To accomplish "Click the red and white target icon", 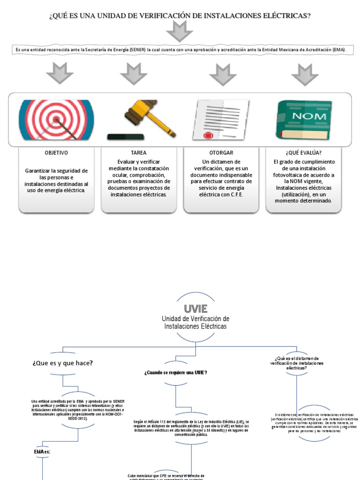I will [56, 120].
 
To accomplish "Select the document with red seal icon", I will [221, 120].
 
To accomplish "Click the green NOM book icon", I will [304, 120].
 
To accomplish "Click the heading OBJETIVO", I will [56, 153].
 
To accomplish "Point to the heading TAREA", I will [139, 153].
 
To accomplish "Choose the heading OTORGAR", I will [221, 153].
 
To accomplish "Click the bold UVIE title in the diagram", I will [195, 308].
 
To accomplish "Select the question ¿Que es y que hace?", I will [62, 363].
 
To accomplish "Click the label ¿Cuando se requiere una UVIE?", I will [176, 372].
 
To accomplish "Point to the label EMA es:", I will [42, 451].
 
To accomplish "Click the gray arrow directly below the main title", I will [180, 31].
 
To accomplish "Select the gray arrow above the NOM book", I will [305, 74].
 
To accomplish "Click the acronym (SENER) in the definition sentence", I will [135, 49].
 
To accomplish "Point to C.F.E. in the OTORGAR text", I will [236, 195].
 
